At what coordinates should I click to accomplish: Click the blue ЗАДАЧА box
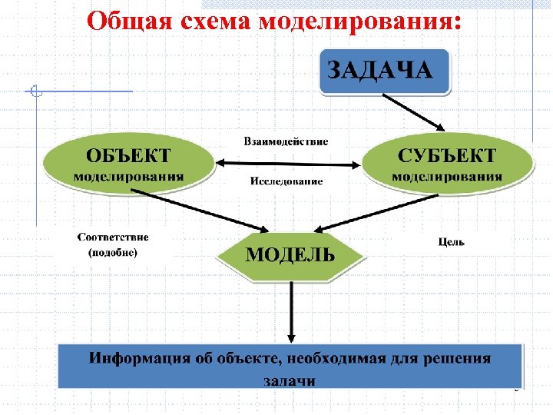(382, 71)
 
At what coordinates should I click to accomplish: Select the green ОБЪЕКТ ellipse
(128, 164)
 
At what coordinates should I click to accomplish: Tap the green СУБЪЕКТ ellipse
(447, 164)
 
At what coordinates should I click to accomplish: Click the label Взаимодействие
(286, 141)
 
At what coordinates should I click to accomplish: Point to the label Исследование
(286, 182)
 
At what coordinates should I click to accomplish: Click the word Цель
(451, 241)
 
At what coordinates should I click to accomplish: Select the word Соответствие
(113, 237)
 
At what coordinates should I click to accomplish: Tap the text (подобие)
(113, 252)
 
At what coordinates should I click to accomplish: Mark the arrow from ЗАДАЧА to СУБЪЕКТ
(415, 112)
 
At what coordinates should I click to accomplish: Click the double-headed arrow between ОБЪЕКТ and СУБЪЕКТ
(289, 163)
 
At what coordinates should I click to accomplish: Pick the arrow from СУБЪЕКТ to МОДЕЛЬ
(365, 212)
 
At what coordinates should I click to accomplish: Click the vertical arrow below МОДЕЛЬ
(291, 311)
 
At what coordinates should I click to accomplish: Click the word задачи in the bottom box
(290, 379)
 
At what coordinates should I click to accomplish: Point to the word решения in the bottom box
(459, 358)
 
